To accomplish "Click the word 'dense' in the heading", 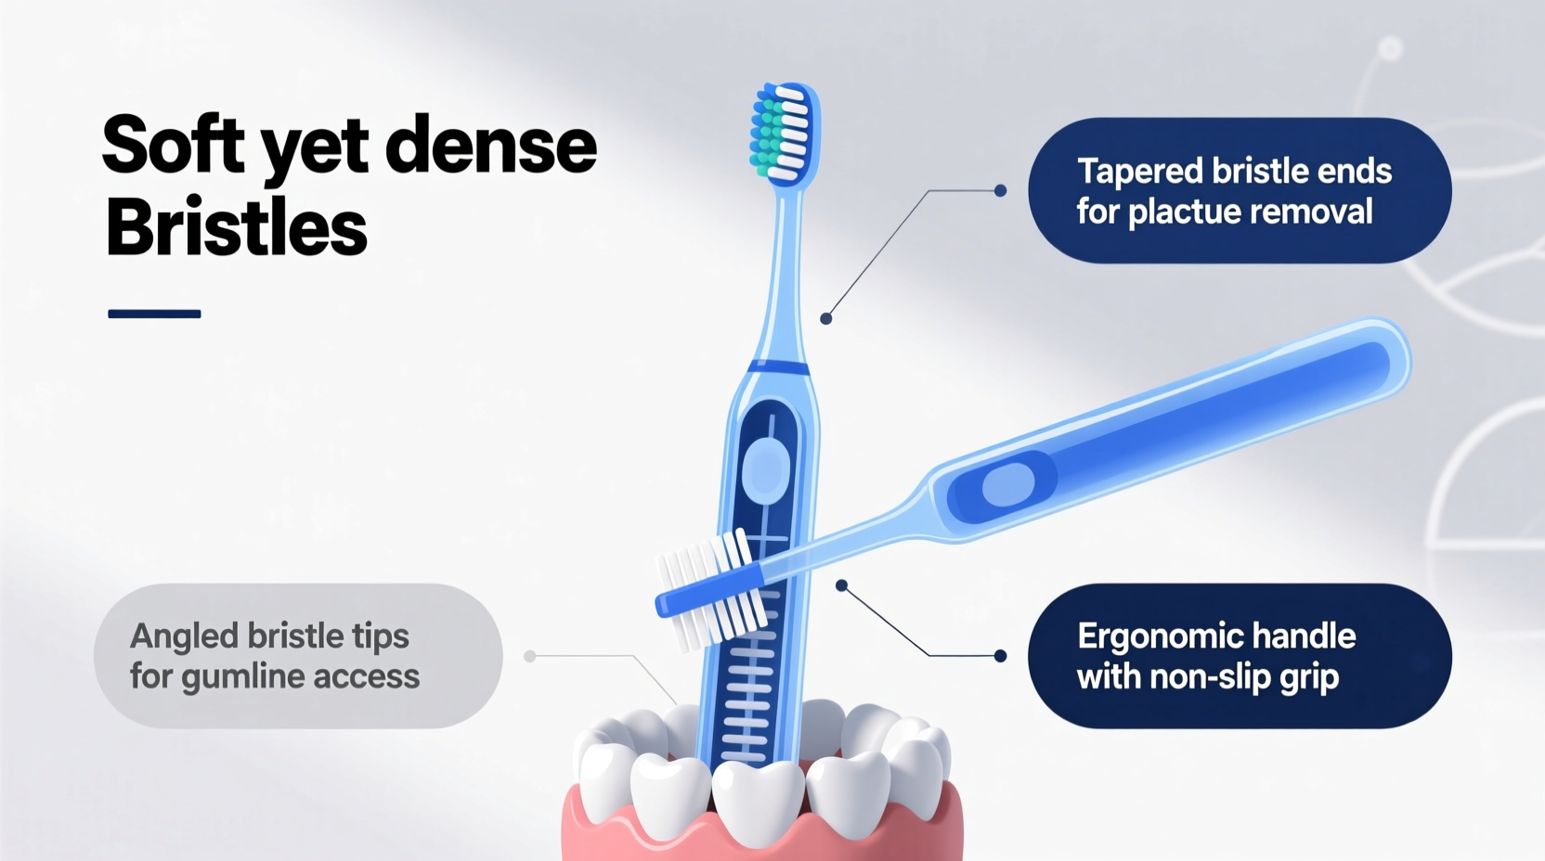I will (x=490, y=146).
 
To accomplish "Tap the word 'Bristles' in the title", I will (x=236, y=227).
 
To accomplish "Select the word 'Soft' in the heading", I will (x=174, y=146).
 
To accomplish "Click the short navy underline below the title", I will (x=154, y=314).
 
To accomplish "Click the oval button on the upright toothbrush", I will (x=766, y=469).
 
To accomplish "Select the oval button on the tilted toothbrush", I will (x=1006, y=484).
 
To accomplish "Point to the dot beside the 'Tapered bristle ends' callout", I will (x=1000, y=190).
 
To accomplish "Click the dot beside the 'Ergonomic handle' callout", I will (x=1000, y=656).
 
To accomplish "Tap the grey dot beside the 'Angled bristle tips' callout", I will (x=530, y=656).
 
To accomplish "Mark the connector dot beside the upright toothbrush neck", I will (x=825, y=318).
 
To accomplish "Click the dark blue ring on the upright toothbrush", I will (x=777, y=367).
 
